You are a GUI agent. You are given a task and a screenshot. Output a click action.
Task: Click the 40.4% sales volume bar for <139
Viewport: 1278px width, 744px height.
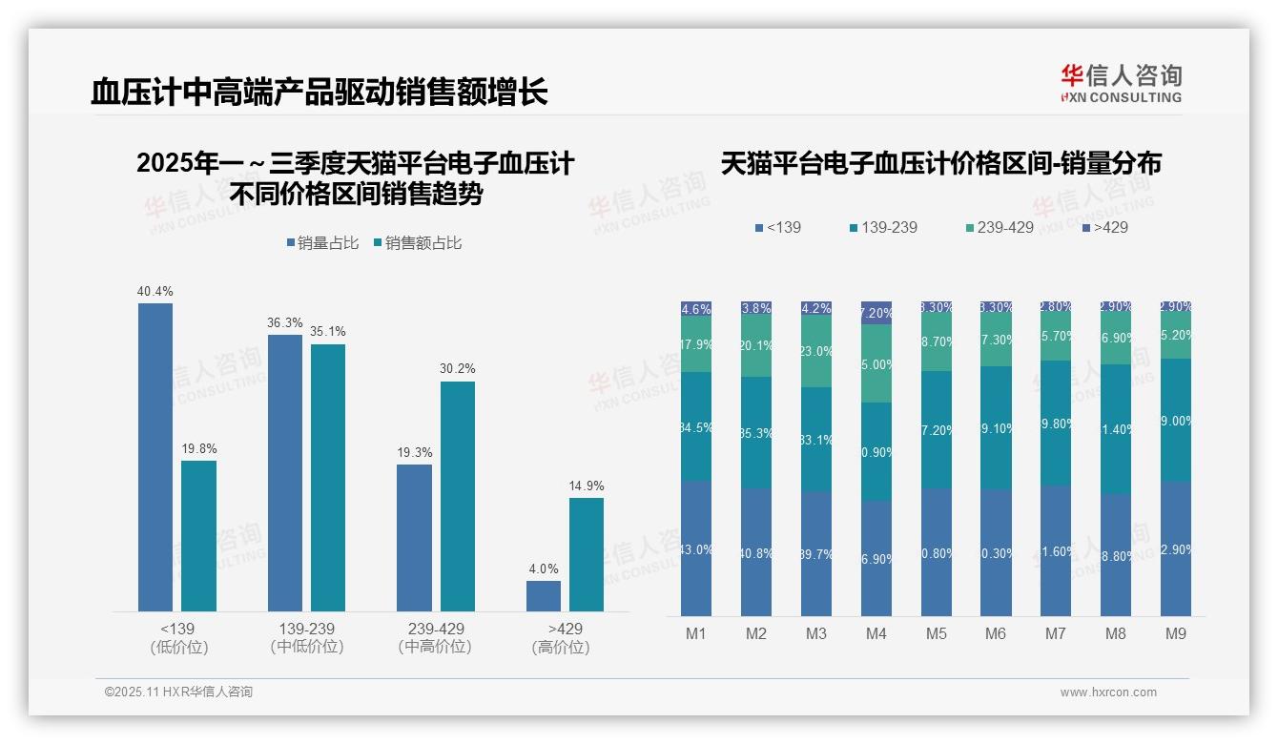click(x=155, y=457)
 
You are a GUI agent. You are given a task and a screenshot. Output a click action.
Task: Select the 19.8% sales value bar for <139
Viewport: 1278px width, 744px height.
click(x=198, y=536)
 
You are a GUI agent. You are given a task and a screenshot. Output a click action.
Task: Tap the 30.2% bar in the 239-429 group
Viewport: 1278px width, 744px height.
click(x=457, y=496)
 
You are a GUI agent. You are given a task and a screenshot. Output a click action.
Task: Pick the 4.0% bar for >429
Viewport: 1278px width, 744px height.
click(x=544, y=595)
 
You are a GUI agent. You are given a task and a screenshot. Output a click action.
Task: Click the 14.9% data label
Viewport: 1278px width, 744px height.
click(x=587, y=486)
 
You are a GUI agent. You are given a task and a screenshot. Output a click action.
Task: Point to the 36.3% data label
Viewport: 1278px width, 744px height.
click(x=284, y=323)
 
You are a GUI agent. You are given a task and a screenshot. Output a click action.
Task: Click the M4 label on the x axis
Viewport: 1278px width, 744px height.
click(x=876, y=633)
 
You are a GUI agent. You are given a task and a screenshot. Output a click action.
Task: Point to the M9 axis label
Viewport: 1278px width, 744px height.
click(x=1176, y=633)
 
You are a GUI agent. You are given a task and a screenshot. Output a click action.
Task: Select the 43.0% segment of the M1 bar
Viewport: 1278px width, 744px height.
click(x=696, y=548)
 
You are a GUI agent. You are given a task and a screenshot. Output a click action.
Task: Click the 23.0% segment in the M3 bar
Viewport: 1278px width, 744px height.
click(x=816, y=352)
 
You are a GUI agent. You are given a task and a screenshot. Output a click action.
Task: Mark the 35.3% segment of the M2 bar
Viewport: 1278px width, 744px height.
click(x=756, y=433)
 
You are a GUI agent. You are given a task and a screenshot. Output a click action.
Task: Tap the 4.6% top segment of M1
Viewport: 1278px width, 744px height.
click(x=696, y=309)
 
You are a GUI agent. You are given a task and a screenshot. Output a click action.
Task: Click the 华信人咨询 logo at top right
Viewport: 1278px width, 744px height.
click(x=1121, y=84)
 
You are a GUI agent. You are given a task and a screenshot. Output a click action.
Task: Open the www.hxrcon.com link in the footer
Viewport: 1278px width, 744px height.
click(x=1108, y=692)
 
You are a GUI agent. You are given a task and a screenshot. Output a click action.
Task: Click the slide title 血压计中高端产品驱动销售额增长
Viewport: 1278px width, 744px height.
click(x=319, y=93)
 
